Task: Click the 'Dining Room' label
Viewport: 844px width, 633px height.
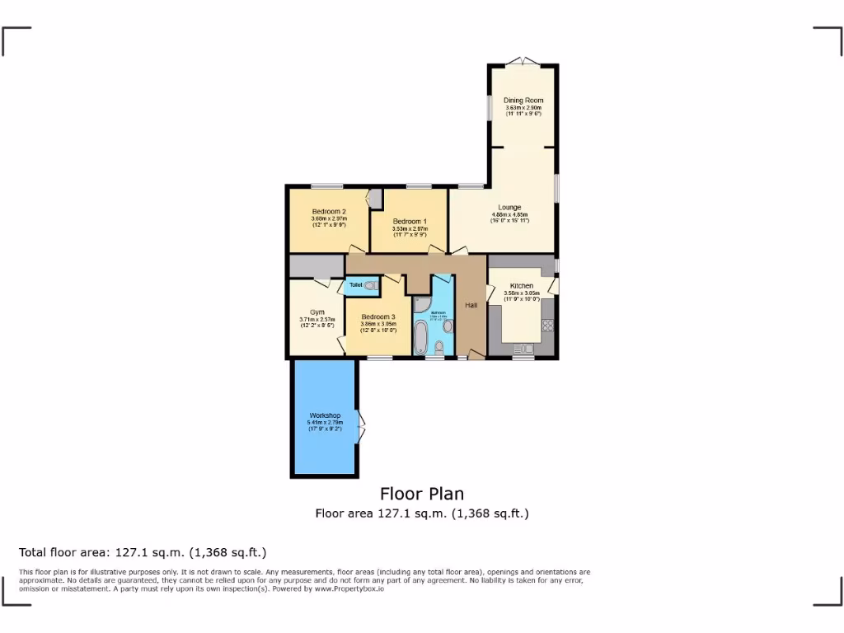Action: [523, 101]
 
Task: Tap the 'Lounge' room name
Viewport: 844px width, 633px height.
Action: [509, 207]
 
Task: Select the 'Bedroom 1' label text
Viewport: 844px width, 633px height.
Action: [410, 222]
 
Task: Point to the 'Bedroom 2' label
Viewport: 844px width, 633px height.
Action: [328, 211]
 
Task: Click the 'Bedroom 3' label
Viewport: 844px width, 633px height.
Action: [378, 316]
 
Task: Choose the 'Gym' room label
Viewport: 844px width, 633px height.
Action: [317, 312]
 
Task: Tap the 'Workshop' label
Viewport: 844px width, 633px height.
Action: [325, 415]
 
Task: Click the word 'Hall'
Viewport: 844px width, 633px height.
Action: [471, 306]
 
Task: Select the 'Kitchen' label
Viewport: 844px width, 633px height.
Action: [522, 286]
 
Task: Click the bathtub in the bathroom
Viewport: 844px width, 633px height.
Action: [420, 338]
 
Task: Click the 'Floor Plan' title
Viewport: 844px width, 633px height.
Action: [421, 494]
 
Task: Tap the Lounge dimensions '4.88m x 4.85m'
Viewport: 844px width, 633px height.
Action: [509, 214]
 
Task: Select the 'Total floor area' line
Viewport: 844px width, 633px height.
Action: [143, 552]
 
